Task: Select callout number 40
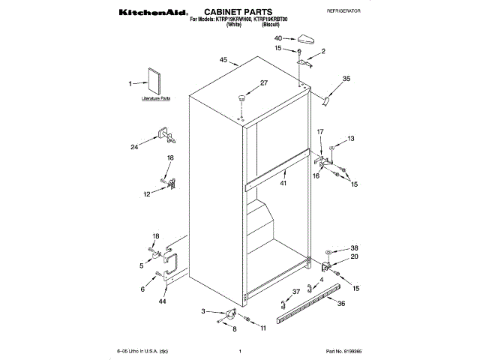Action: (277, 38)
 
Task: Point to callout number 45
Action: (223, 60)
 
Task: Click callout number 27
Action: (263, 83)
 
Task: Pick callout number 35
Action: (346, 79)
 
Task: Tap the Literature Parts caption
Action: (156, 99)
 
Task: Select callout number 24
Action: (134, 147)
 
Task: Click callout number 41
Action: (283, 183)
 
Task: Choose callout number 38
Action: (355, 248)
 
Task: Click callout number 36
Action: (341, 304)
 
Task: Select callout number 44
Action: (162, 301)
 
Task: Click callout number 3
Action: (203, 310)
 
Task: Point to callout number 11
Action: (262, 328)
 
